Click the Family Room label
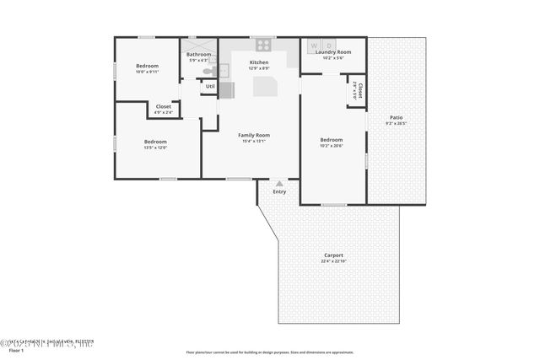point(254,135)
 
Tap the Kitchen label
point(259,62)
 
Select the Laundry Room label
point(332,52)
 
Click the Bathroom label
point(198,55)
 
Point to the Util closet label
point(210,86)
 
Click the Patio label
point(396,117)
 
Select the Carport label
point(334,255)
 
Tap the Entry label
point(279,191)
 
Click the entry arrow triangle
point(279,182)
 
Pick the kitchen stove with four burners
point(264,45)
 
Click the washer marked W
point(314,44)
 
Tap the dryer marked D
point(328,44)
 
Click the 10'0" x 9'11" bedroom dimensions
point(148,72)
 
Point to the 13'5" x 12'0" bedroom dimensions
point(155,148)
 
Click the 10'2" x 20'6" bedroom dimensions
point(332,146)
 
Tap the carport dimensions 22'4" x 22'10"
point(334,261)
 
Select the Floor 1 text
point(17,349)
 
